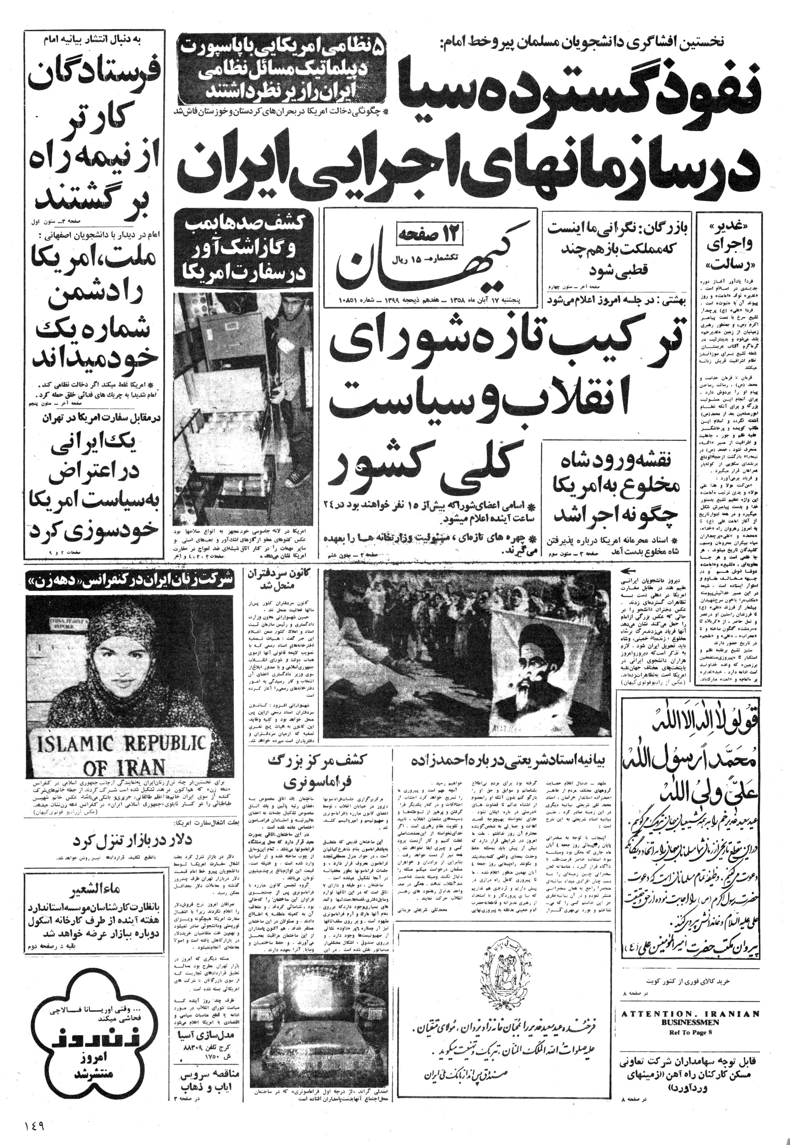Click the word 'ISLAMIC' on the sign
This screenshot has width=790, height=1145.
pos(76,745)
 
